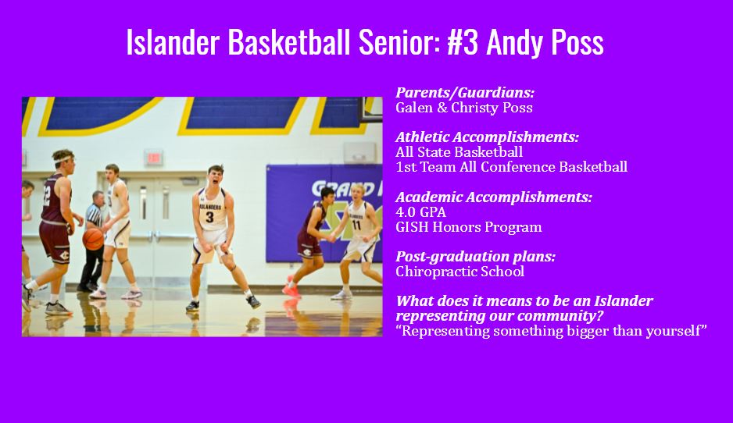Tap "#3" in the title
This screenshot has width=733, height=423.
click(x=463, y=42)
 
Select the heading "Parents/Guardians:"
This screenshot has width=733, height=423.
click(x=465, y=93)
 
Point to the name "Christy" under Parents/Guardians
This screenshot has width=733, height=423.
click(x=483, y=108)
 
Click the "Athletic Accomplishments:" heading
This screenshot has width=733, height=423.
click(x=487, y=137)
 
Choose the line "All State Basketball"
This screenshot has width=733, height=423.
click(x=459, y=152)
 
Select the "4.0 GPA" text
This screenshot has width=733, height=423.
click(x=420, y=212)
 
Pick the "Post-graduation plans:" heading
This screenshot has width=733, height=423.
click(x=475, y=257)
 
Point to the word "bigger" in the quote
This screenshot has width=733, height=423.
click(x=581, y=332)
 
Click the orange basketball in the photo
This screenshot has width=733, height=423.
click(x=93, y=239)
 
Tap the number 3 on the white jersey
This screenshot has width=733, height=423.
click(x=209, y=217)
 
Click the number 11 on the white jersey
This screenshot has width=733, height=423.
click(x=356, y=226)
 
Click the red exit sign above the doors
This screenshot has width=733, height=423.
click(x=154, y=156)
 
